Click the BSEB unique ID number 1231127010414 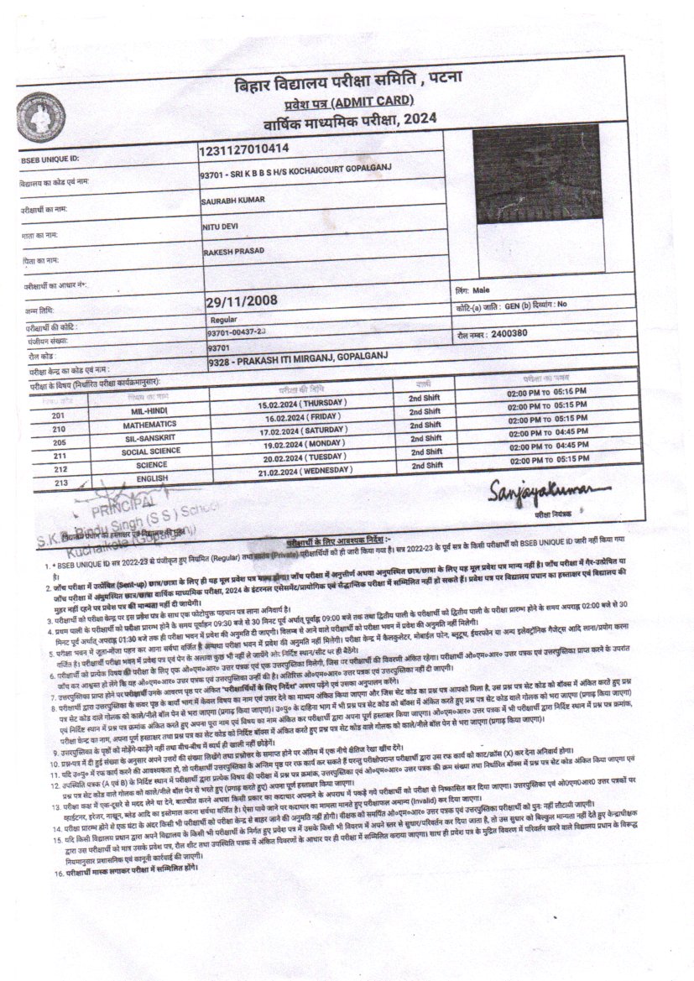[243, 150]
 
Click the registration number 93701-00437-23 [236, 333]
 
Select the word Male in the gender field [481, 290]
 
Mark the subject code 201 [59, 415]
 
